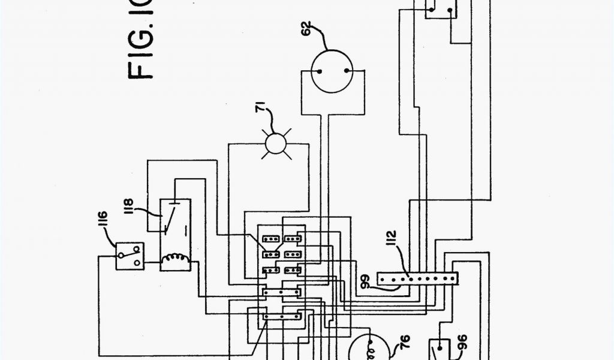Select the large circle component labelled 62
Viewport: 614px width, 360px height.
(333, 71)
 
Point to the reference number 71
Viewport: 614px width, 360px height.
(260, 108)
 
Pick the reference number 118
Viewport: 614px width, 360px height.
(130, 206)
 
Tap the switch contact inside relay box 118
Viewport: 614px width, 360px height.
(169, 221)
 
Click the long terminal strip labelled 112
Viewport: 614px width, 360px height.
(417, 278)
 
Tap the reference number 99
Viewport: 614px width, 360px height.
(366, 281)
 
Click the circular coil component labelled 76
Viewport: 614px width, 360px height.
(367, 350)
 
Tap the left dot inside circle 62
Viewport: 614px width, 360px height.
(320, 70)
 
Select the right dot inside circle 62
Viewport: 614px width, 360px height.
(347, 70)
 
